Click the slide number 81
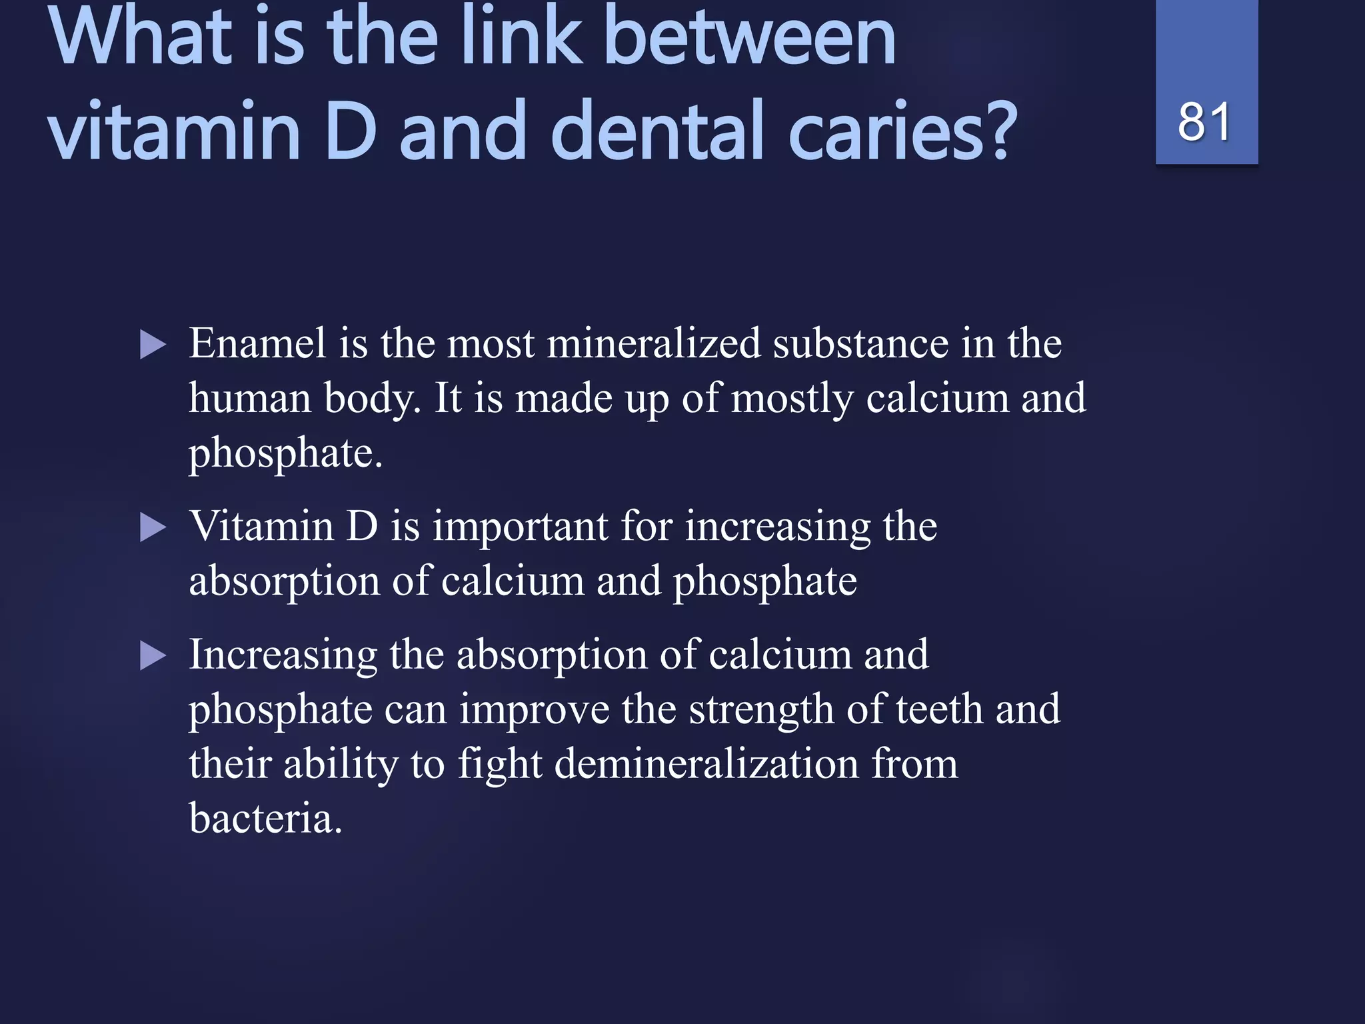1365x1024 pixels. pyautogui.click(x=1204, y=122)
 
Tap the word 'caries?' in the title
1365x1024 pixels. pyautogui.click(x=902, y=131)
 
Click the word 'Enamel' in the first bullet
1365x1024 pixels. pyautogui.click(x=258, y=344)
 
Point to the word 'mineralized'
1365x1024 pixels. pyautogui.click(x=653, y=344)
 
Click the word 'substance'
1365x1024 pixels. pyautogui.click(x=860, y=344)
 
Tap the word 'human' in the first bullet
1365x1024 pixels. pyautogui.click(x=250, y=399)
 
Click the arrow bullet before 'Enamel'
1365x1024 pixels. pyautogui.click(x=153, y=345)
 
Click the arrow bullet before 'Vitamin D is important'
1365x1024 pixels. pyautogui.click(x=153, y=528)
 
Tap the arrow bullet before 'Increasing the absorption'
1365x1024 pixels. pyautogui.click(x=153, y=656)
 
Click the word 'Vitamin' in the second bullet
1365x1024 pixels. pyautogui.click(x=261, y=527)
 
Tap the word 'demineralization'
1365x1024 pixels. pyautogui.click(x=706, y=764)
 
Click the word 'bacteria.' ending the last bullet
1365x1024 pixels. pyautogui.click(x=265, y=819)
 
